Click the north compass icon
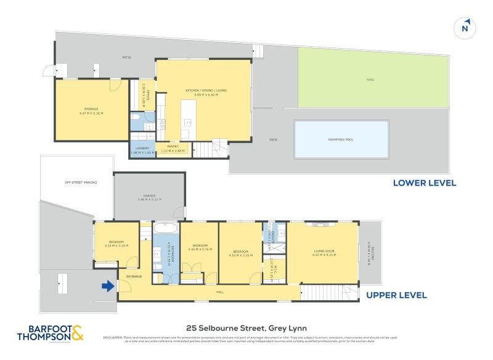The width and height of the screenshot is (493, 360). point(465,28)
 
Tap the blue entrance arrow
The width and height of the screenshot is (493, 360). point(108,285)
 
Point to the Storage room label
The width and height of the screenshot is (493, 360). point(91,111)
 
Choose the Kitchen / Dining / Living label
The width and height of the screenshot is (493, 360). point(206,92)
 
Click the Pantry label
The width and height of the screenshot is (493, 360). point(172,148)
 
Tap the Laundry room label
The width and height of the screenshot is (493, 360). point(142,149)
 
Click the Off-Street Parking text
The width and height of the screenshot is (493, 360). point(81,182)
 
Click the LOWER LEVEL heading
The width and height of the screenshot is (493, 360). point(425,183)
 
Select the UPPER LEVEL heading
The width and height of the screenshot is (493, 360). point(396,295)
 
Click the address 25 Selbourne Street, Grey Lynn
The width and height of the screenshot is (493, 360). point(246,328)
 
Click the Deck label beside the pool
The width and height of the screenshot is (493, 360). point(273,140)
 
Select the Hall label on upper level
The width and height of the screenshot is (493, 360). point(220,292)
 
